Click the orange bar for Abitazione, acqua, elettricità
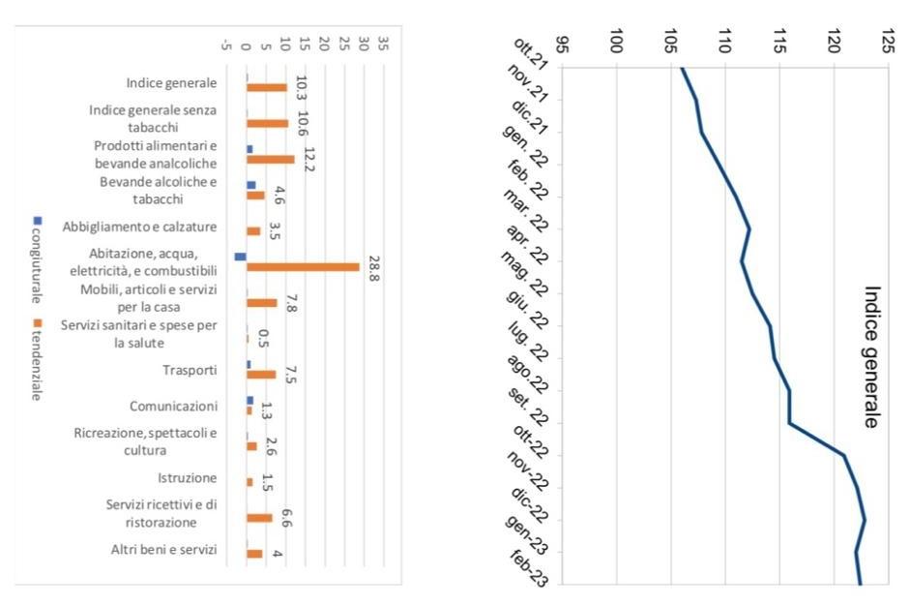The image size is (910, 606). (x=303, y=267)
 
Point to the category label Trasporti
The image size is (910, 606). (x=191, y=370)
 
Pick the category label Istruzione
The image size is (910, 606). (x=188, y=478)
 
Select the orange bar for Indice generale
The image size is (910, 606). (x=267, y=87)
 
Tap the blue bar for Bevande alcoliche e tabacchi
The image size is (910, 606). (x=251, y=184)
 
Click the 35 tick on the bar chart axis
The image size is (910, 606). (x=384, y=44)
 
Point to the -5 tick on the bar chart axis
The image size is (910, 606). (x=226, y=44)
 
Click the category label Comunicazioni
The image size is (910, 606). (x=174, y=406)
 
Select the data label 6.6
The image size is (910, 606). (x=287, y=517)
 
